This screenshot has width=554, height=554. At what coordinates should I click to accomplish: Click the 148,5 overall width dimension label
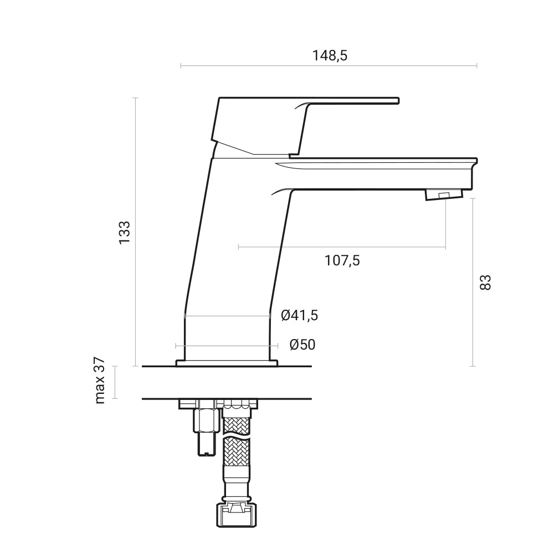329,55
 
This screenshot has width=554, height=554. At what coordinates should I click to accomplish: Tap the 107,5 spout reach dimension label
342,260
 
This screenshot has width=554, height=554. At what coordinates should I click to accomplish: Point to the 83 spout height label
485,282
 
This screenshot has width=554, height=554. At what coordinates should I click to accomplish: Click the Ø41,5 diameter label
299,316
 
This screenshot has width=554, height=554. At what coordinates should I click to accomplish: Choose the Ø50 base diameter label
302,345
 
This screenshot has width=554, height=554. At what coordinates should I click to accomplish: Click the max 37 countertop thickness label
100,381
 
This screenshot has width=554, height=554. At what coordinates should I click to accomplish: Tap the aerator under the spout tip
443,194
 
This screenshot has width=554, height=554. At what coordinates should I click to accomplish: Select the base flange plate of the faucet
227,363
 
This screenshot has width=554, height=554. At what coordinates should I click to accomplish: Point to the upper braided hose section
237,422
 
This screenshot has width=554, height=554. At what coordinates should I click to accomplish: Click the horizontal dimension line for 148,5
329,66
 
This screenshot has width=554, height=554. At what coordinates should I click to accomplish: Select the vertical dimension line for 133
136,232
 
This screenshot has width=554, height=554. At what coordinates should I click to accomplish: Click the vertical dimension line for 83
473,282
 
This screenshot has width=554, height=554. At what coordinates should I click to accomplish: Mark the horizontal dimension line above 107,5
342,247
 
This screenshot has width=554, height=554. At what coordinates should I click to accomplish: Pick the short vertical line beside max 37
115,382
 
